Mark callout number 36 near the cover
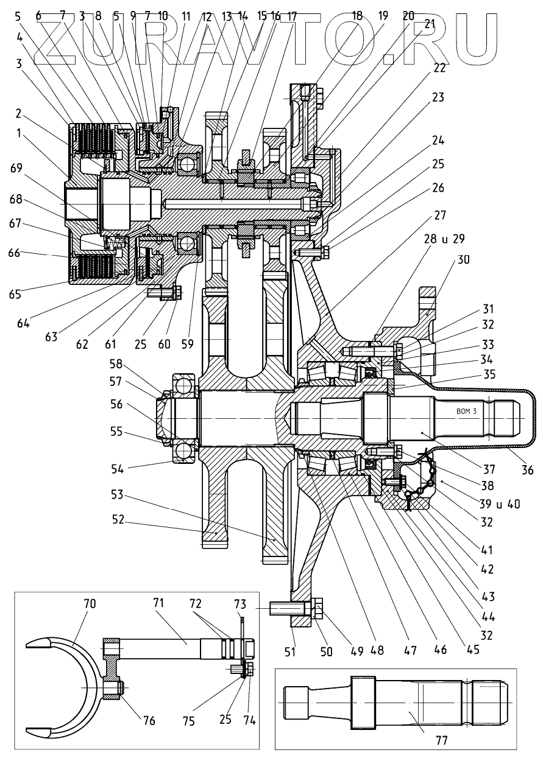click(527, 470)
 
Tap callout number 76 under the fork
click(148, 721)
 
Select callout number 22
click(439, 69)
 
